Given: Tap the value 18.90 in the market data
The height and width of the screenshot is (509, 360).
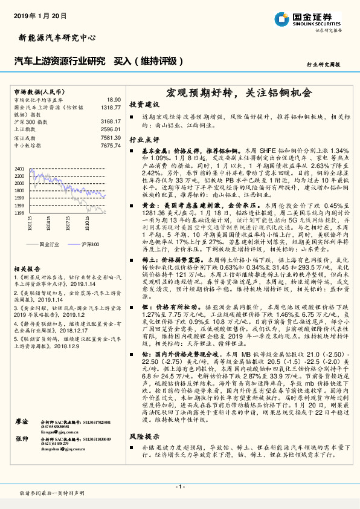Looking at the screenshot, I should click(x=114, y=99).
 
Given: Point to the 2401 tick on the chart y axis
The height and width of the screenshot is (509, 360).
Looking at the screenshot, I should click(x=19, y=169).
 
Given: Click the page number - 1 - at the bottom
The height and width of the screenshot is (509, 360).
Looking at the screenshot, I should click(x=179, y=486).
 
